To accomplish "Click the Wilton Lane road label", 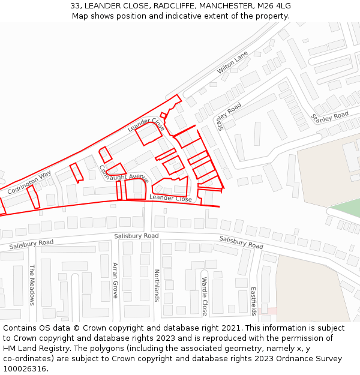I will [233, 63].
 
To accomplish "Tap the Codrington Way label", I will [29, 183].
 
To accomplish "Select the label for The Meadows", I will [32, 285].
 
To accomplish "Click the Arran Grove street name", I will [115, 281].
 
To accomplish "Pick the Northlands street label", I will [157, 285].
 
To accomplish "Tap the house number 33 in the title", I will [75, 6].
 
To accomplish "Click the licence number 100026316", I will [25, 369].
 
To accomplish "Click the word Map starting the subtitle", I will [80, 16].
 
